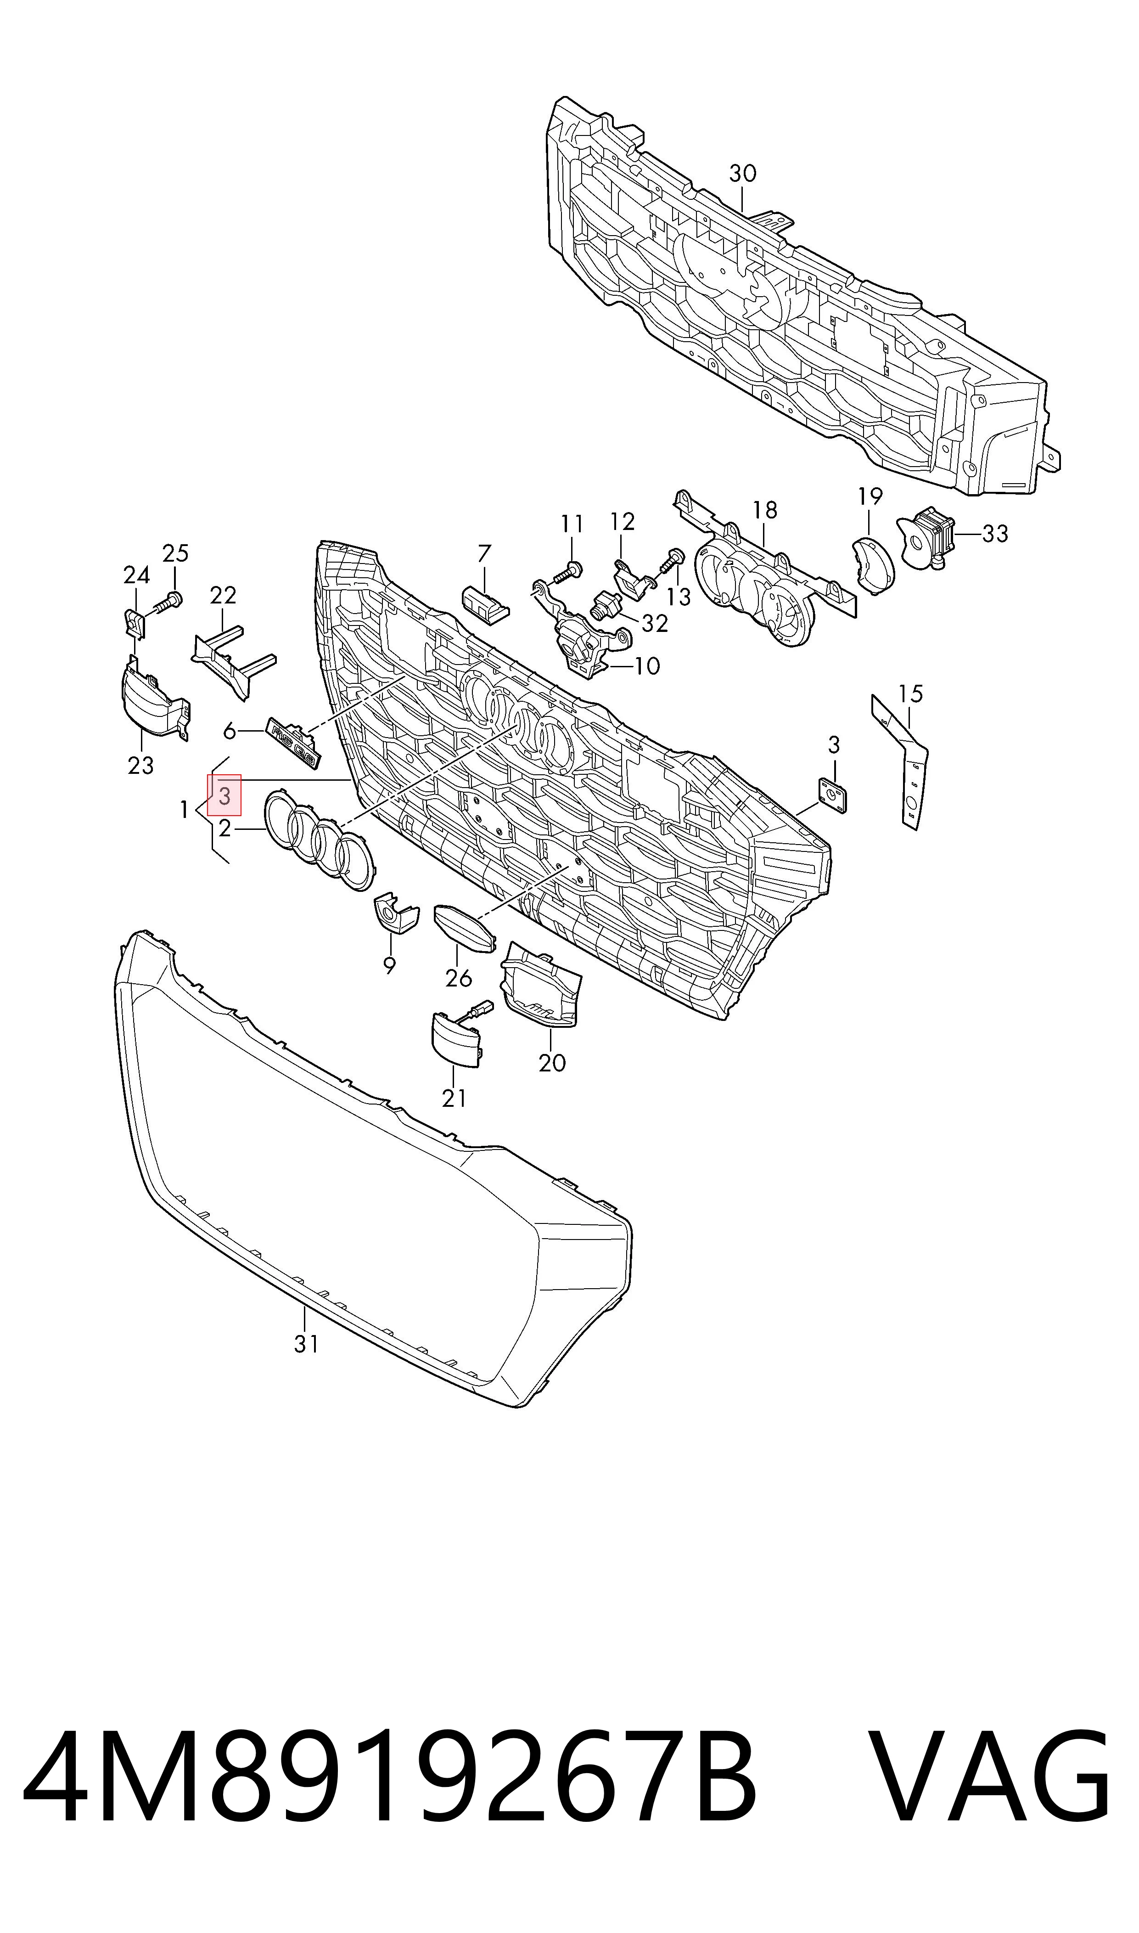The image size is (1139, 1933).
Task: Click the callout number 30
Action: click(x=742, y=174)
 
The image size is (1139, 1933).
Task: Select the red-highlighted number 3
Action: click(x=224, y=795)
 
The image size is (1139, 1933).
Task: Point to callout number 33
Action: click(x=995, y=534)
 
